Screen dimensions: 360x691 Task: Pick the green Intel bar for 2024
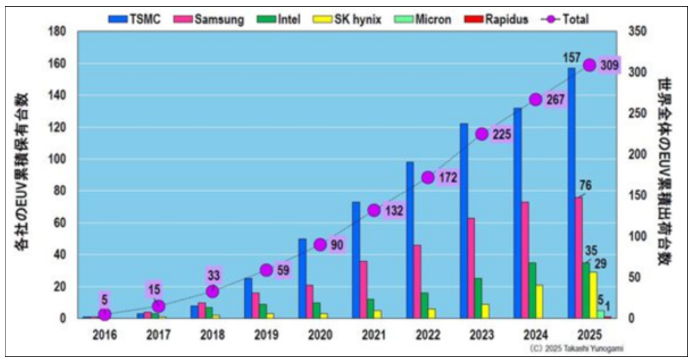tap(532, 290)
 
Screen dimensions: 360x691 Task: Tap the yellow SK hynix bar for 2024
tap(539, 301)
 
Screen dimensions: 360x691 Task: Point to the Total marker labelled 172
tap(428, 178)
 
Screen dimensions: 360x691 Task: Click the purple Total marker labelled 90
tap(321, 244)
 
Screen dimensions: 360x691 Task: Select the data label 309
tap(610, 65)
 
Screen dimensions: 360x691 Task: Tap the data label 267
tap(556, 99)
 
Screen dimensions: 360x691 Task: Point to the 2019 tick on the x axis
tap(266, 334)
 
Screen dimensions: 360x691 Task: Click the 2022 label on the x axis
tap(427, 334)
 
